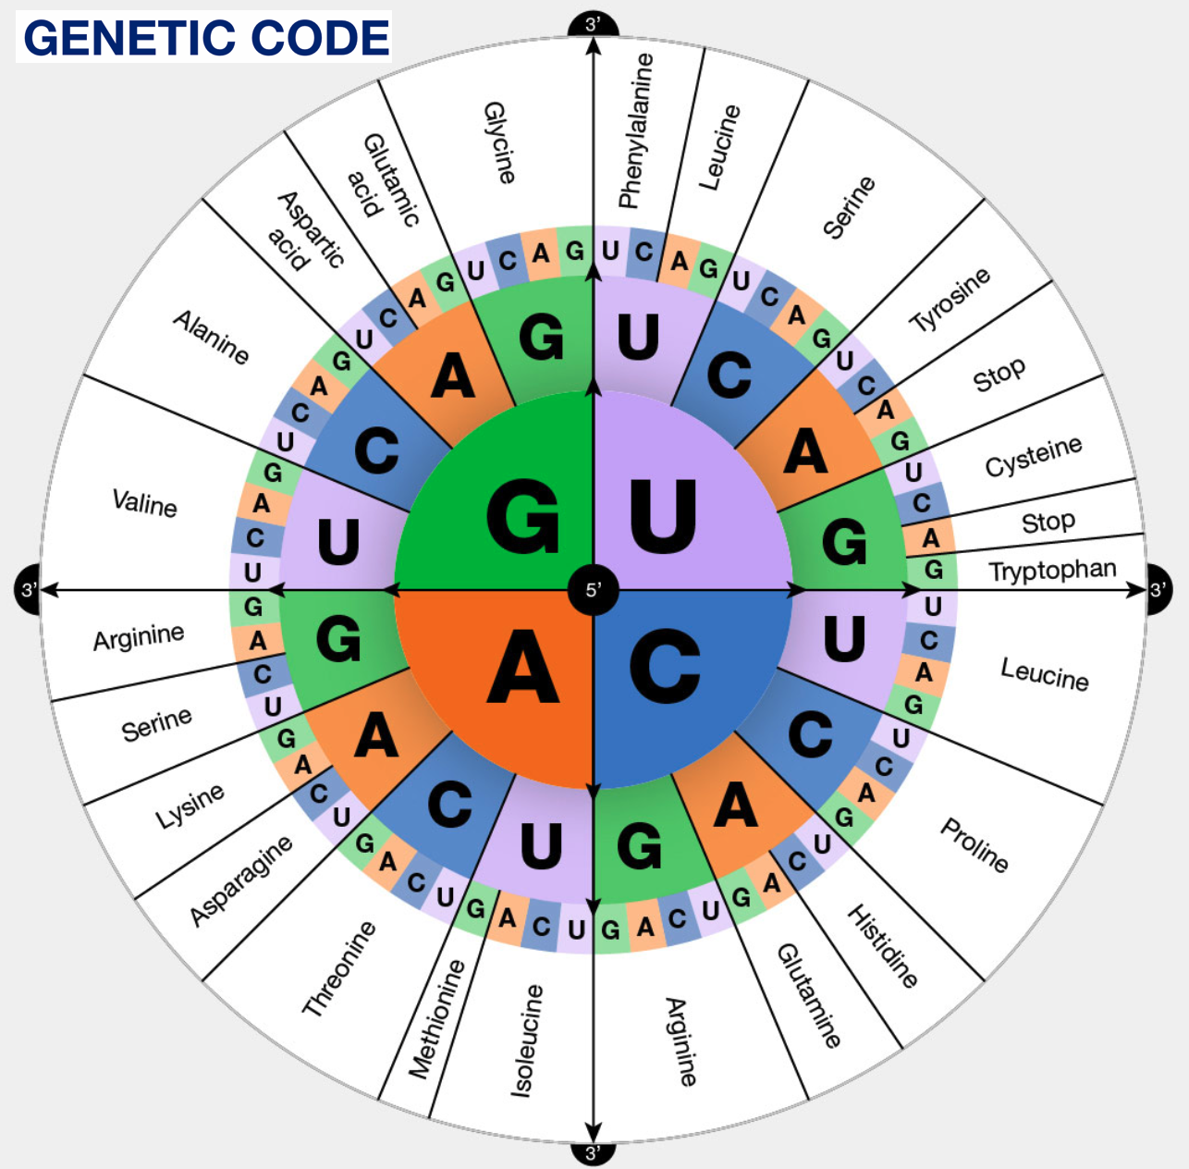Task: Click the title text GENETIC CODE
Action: click(x=205, y=38)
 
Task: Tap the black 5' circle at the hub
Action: click(x=593, y=589)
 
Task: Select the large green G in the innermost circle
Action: click(x=522, y=518)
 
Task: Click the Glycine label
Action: click(x=499, y=142)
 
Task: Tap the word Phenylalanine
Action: click(x=635, y=130)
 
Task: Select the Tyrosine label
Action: click(x=950, y=300)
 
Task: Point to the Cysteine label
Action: click(x=1033, y=456)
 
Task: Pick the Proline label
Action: click(x=974, y=844)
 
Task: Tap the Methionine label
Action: click(x=436, y=1018)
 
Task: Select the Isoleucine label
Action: click(x=528, y=1040)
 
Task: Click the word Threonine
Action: click(x=340, y=968)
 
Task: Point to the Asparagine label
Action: click(x=241, y=880)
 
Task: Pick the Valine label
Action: click(x=144, y=503)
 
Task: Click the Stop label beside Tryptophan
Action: click(x=1048, y=523)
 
